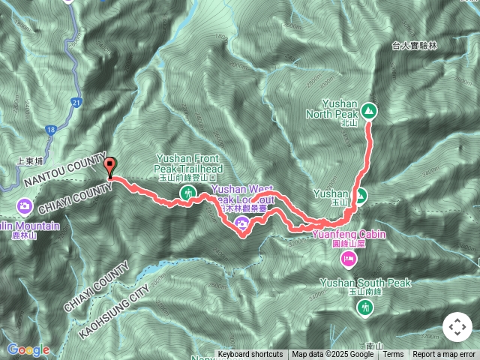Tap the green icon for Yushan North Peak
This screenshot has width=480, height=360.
(368, 112)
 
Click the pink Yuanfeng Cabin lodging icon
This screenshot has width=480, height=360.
(349, 259)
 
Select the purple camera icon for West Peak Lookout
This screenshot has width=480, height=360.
(242, 223)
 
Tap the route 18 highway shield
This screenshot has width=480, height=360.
(50, 130)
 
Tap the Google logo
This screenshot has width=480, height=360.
(28, 349)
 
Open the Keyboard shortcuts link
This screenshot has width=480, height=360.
(250, 355)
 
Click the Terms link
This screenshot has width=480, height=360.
(393, 355)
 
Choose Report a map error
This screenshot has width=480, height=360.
(445, 355)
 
